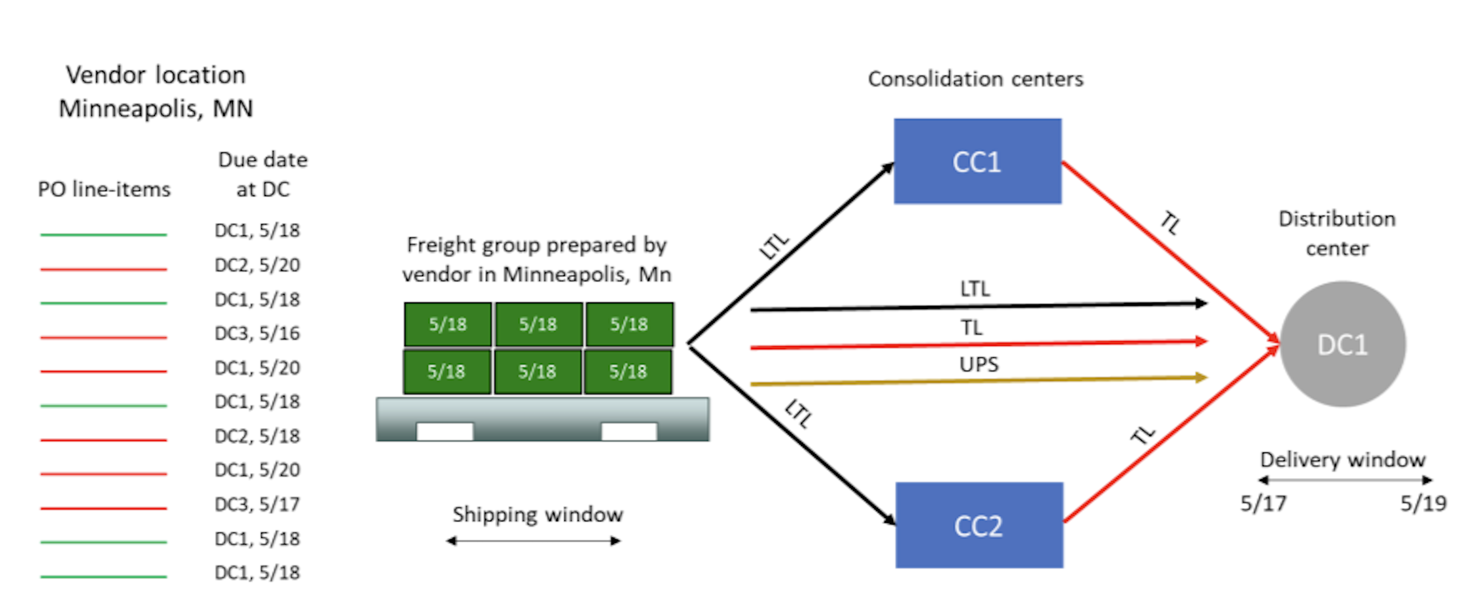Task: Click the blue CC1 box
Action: pyautogui.click(x=977, y=161)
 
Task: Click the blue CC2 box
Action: pyautogui.click(x=979, y=525)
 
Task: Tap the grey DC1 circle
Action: pyautogui.click(x=1342, y=345)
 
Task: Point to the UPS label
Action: pyautogui.click(x=978, y=364)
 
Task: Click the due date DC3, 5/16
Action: pyautogui.click(x=257, y=333)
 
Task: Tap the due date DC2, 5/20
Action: pyautogui.click(x=257, y=265)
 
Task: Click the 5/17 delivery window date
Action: pyautogui.click(x=1263, y=504)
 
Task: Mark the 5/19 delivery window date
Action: pyautogui.click(x=1423, y=504)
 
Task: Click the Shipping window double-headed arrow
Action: pyautogui.click(x=534, y=541)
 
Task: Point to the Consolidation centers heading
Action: pyautogui.click(x=975, y=78)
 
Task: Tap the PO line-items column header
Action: pyautogui.click(x=104, y=189)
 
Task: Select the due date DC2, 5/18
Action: pyautogui.click(x=257, y=436)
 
